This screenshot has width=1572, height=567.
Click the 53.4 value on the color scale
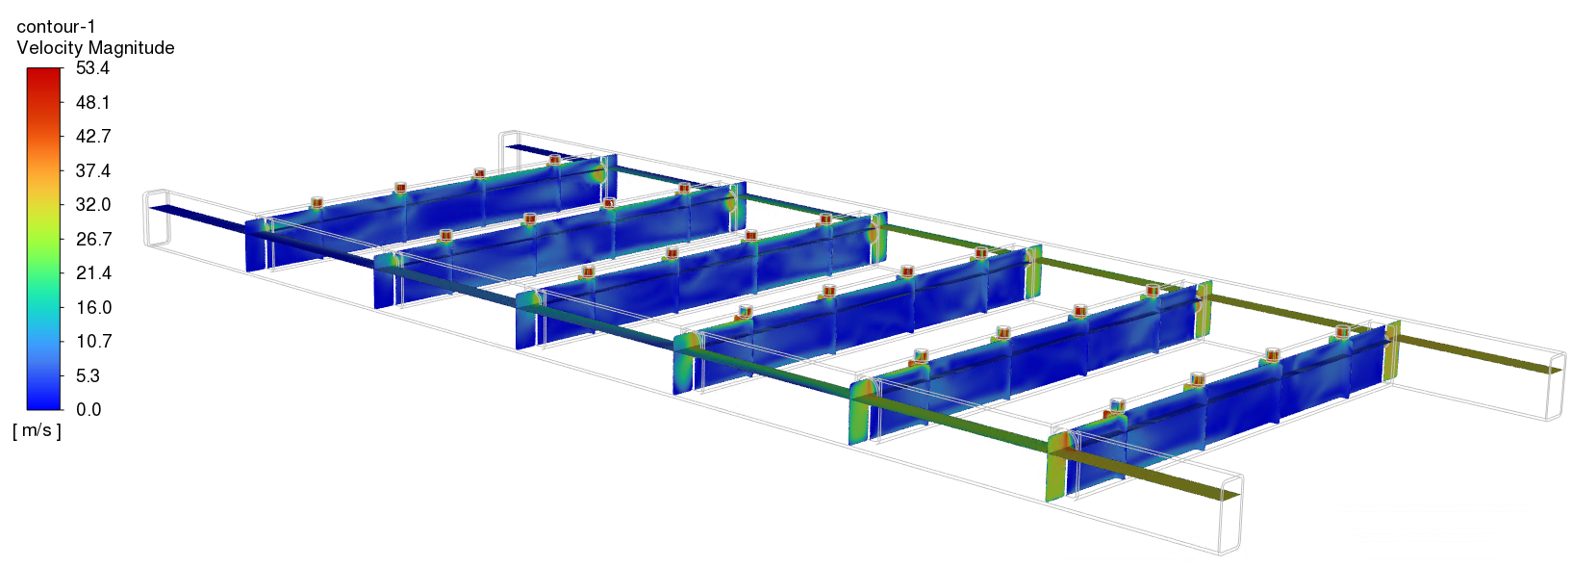point(92,68)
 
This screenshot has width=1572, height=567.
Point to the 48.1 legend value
point(92,103)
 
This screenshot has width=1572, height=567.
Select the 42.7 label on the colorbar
point(92,137)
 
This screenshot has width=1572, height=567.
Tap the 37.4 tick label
point(92,170)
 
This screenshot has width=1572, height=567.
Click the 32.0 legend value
point(92,204)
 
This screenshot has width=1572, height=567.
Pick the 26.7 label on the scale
point(92,239)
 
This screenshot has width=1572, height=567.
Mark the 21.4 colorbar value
point(92,272)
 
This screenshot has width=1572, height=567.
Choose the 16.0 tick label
point(92,307)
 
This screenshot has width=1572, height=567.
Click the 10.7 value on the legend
point(92,342)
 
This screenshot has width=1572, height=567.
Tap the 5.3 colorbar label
point(88,375)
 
